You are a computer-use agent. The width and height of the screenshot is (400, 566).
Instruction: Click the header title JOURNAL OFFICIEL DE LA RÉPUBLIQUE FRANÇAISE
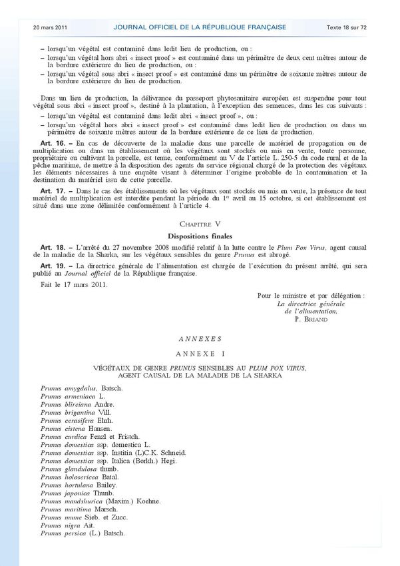pos(200,27)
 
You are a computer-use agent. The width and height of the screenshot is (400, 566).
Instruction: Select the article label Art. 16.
pos(52,144)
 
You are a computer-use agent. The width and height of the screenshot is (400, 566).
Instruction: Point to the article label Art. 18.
pos(52,247)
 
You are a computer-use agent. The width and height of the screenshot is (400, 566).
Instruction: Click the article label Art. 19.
pos(52,266)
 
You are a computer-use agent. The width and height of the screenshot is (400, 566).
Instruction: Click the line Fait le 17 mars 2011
pos(73,284)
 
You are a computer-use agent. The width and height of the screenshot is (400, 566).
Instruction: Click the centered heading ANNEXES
pos(200,339)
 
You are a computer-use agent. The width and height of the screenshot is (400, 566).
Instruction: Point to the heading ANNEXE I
pos(200,352)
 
